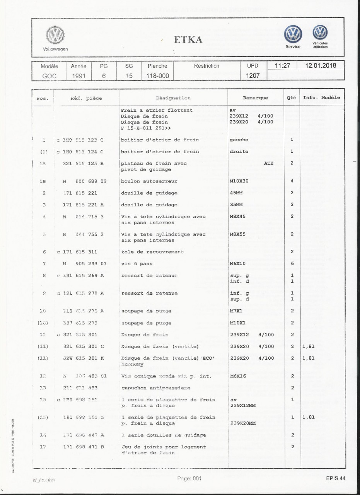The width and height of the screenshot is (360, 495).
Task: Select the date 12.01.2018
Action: [320, 66]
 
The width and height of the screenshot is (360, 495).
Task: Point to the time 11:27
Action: [282, 66]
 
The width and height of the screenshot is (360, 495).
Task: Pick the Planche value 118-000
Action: [157, 76]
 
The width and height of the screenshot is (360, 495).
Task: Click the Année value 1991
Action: [78, 76]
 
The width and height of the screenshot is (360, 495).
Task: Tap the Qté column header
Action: [292, 98]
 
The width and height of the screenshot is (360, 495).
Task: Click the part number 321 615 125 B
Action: [84, 163]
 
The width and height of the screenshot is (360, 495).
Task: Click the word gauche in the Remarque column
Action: [239, 140]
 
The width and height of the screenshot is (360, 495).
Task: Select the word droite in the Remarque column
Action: [239, 152]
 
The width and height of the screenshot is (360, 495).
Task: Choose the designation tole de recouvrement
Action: [152, 252]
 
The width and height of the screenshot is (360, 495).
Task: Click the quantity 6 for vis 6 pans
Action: [292, 264]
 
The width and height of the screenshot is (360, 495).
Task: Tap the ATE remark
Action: [268, 163]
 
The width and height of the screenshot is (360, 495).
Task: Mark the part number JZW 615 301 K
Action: [84, 358]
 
